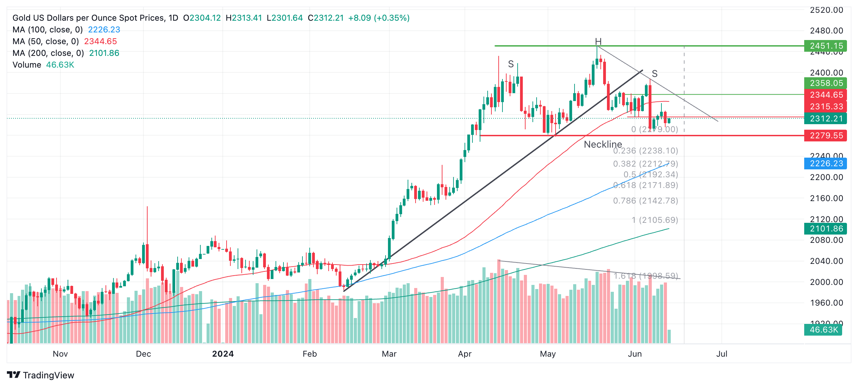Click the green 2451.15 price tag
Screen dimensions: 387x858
click(x=826, y=46)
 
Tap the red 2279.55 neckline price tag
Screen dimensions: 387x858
click(x=826, y=136)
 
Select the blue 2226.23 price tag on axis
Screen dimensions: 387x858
click(x=826, y=163)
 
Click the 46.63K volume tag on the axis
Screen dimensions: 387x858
click(x=824, y=330)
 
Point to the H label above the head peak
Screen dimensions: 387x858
click(x=598, y=41)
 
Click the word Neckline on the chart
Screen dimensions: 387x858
click(x=603, y=145)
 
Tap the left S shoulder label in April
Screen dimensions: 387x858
click(x=511, y=64)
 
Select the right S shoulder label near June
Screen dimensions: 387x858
click(x=655, y=74)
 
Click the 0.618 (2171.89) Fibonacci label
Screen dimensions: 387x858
click(x=646, y=185)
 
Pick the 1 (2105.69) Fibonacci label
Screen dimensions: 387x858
click(x=655, y=220)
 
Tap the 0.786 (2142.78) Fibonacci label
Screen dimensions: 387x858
click(x=646, y=201)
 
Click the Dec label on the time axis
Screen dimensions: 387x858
click(x=143, y=354)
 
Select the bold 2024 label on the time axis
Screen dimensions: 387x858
click(x=223, y=354)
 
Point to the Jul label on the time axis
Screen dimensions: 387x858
click(x=722, y=354)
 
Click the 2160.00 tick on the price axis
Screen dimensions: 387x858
click(x=826, y=198)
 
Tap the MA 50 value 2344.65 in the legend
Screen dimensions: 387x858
click(x=100, y=41)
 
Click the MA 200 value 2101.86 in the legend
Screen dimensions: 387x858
click(x=104, y=53)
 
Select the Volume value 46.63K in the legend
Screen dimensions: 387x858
click(x=60, y=65)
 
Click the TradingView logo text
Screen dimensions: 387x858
click(x=48, y=375)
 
